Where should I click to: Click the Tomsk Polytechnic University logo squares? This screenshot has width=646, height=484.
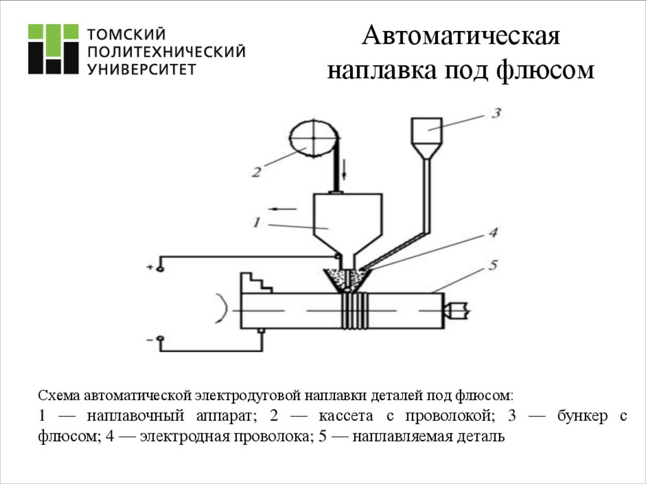52,50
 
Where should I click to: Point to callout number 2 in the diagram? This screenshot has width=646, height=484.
256,172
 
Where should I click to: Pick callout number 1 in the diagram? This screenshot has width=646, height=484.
257,221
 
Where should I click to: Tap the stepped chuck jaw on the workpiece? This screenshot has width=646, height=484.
255,283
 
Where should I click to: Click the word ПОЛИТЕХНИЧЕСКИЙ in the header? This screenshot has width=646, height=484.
167,51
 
